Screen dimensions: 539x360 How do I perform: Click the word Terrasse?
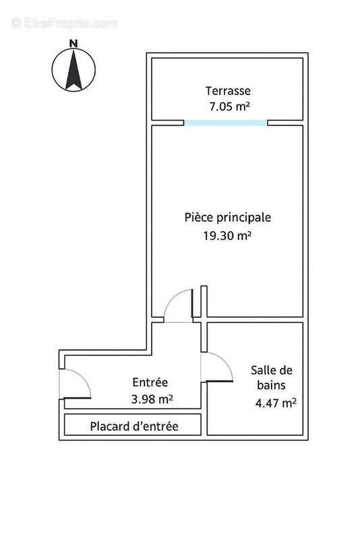point(228,90)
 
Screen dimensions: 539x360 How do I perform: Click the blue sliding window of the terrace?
point(226,123)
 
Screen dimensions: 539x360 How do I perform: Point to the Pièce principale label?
point(227,218)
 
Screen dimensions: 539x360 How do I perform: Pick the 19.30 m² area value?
point(227,236)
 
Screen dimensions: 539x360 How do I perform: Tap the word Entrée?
point(151,383)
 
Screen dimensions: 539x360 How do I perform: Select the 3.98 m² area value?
point(152,399)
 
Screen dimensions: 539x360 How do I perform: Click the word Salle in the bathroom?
point(263,370)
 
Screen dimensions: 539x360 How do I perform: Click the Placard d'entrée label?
point(134,426)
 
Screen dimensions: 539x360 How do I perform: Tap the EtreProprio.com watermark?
point(64,23)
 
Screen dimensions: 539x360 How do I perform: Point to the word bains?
point(270,386)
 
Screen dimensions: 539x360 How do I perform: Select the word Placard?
point(110,426)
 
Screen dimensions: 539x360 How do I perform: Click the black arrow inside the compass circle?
point(73,70)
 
